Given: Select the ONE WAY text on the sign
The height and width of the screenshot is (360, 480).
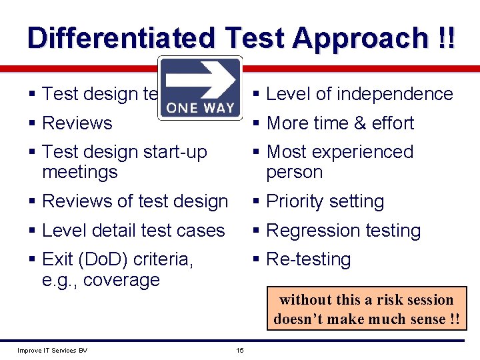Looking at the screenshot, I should click(x=200, y=107).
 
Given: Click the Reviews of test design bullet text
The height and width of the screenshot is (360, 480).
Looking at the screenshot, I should click(x=135, y=201).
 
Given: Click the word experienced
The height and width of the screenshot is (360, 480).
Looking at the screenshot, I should click(x=365, y=152).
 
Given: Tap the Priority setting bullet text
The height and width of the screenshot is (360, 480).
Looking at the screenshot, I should click(x=325, y=201).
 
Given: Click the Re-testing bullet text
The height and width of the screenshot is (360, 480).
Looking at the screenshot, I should click(x=308, y=259).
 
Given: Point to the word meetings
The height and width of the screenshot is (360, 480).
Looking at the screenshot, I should click(x=79, y=172).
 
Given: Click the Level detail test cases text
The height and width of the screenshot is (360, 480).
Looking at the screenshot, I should click(x=133, y=231).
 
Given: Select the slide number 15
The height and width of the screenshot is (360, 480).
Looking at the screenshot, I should click(x=240, y=351).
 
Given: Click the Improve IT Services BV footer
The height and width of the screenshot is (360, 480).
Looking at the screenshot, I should click(x=52, y=351).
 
